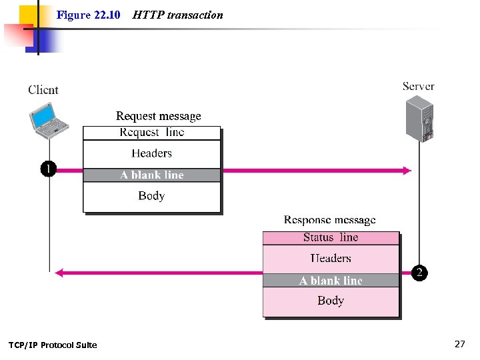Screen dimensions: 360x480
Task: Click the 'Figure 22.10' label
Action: pos(88,15)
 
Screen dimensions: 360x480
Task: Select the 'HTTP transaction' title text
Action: pos(177,15)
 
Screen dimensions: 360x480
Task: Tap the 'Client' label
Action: pos(43,90)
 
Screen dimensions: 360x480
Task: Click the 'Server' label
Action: pos(418,86)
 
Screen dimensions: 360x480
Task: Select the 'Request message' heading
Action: pos(158,116)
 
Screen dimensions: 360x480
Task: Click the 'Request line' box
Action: pos(151,132)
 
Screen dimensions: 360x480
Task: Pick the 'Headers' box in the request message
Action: pos(151,153)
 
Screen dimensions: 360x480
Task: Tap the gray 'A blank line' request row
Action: pos(151,175)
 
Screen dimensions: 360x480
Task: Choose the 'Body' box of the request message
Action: pos(151,196)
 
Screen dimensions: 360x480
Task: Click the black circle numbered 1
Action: pos(49,169)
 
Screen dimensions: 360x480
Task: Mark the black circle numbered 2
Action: pos(419,273)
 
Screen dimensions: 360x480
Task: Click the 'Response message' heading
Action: pos(329,220)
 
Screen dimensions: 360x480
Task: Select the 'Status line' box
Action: pos(331,237)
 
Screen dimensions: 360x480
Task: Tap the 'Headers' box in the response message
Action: pos(331,259)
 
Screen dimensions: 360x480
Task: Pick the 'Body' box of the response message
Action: pos(331,301)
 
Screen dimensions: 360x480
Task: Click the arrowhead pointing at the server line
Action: pos(406,171)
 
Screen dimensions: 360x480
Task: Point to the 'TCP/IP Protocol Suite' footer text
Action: pos(53,345)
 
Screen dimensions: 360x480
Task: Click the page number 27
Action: pos(459,344)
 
